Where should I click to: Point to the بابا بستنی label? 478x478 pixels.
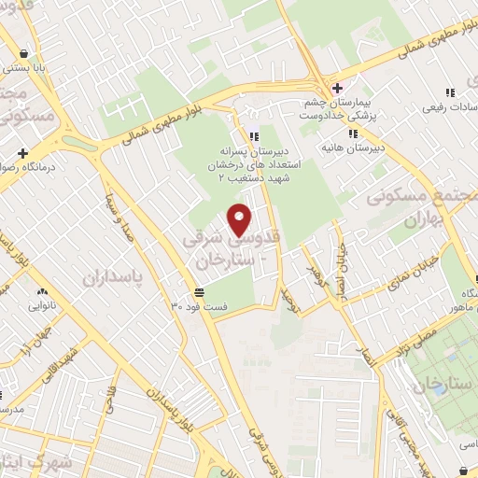pos(28,67)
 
